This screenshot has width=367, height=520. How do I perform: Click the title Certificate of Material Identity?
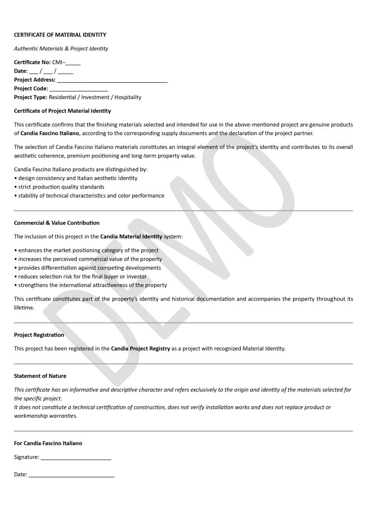60,35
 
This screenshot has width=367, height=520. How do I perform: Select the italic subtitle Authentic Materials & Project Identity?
61,49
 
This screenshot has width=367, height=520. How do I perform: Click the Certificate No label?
32,62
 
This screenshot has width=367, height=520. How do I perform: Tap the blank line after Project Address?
112,80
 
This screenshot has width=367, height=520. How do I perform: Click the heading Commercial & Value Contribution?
57,223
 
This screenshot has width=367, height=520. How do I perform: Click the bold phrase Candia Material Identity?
131,237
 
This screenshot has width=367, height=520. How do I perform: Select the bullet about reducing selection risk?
81,277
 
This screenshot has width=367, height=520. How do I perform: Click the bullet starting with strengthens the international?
90,285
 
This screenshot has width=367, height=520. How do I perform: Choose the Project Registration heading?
39,335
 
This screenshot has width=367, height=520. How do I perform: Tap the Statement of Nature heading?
40,376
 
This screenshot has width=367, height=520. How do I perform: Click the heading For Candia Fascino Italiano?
48,443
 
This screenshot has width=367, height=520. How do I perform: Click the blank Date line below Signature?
71,475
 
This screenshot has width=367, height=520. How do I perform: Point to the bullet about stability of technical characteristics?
89,196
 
